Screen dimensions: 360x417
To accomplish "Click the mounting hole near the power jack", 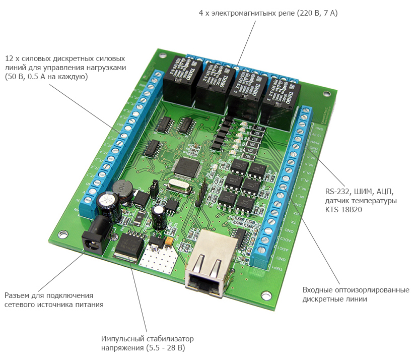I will click(63, 234).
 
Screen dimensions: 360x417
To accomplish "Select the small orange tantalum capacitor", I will click(169, 243).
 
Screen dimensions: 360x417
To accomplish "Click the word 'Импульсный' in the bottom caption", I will click(122, 339).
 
